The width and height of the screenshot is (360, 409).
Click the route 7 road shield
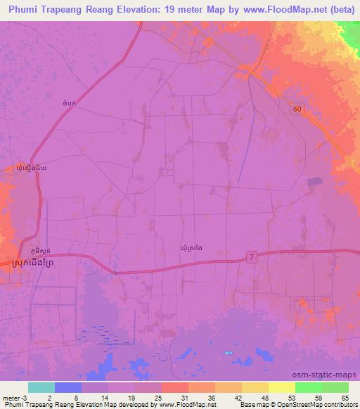pos(252,259)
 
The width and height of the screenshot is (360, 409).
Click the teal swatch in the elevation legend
pos(41,387)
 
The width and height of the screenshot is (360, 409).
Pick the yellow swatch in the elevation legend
pos(255,387)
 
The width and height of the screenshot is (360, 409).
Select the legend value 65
pos(344,397)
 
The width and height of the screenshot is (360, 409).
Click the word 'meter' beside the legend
pos(11,397)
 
